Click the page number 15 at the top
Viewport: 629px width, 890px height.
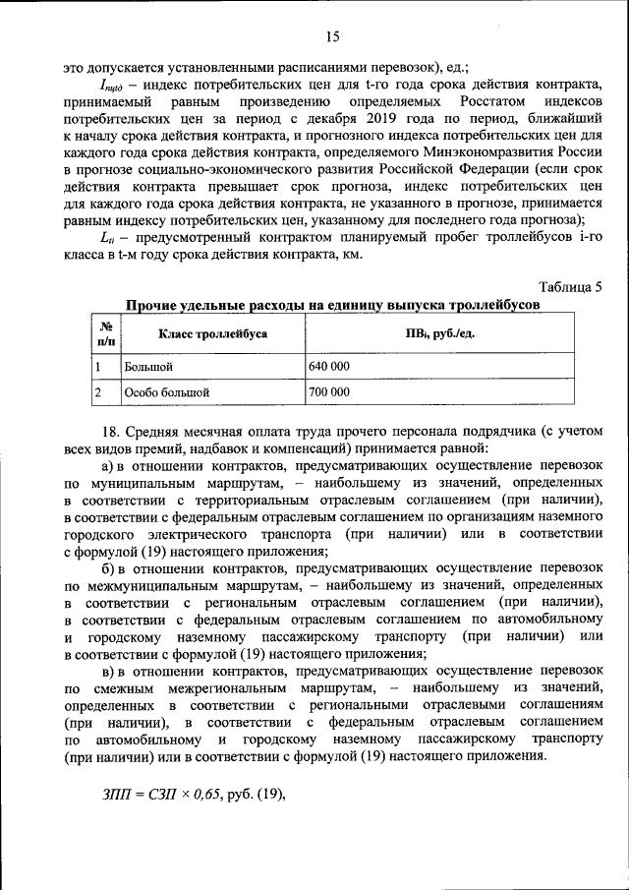(332, 37)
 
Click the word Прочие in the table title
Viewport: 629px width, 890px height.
(149, 305)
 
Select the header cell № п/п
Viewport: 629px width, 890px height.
(105, 333)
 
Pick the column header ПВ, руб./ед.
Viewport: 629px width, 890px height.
(439, 334)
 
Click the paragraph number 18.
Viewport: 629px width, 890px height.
(110, 432)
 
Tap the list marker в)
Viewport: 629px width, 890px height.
(111, 670)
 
